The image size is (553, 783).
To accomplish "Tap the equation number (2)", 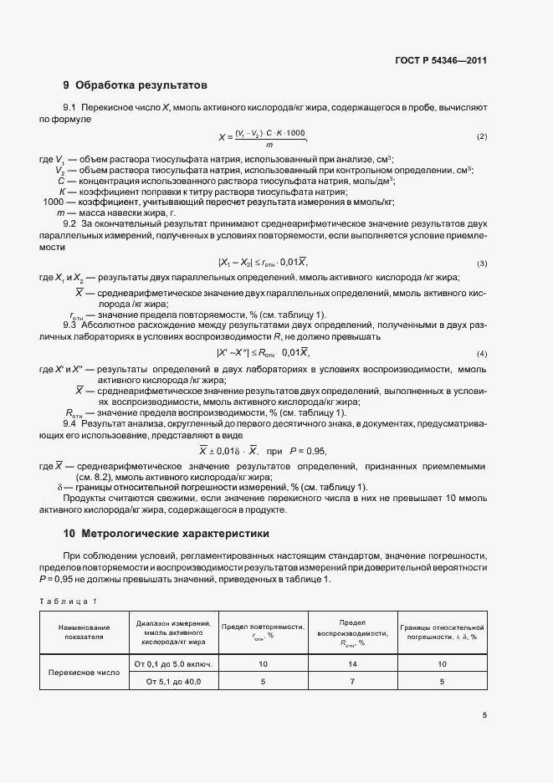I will coord(481,136).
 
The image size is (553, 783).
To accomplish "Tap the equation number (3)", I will coord(481,263).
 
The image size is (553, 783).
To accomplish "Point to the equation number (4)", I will coord(481,353).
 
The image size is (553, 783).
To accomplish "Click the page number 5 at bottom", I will coord(484,715).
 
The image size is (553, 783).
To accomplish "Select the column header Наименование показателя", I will coord(83,632).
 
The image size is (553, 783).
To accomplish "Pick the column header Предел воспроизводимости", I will coord(351,632).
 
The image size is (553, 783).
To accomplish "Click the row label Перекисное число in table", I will coord(83,673).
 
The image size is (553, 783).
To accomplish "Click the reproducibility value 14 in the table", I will coord(351,663).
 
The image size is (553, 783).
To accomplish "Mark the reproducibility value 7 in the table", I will coord(351,682).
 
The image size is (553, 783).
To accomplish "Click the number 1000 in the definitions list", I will coord(53,202).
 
